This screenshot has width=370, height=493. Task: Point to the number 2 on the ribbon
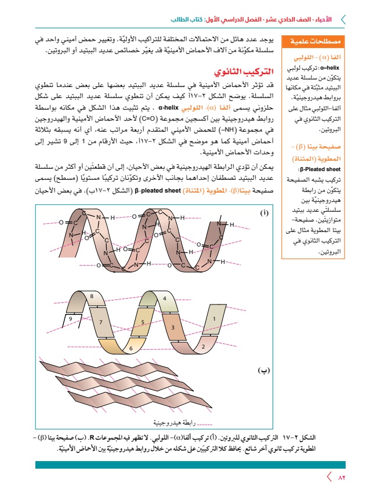[x=203, y=346]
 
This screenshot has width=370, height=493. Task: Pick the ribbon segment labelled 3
[x=172, y=328]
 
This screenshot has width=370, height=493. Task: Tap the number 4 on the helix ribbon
[x=165, y=299]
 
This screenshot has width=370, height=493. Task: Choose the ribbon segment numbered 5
[x=142, y=322]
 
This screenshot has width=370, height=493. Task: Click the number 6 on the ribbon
[x=131, y=348]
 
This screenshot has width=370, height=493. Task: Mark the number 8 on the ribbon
[x=92, y=296]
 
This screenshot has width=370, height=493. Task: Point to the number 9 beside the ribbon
[x=70, y=319]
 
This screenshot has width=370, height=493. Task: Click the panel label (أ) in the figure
[x=264, y=214]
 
